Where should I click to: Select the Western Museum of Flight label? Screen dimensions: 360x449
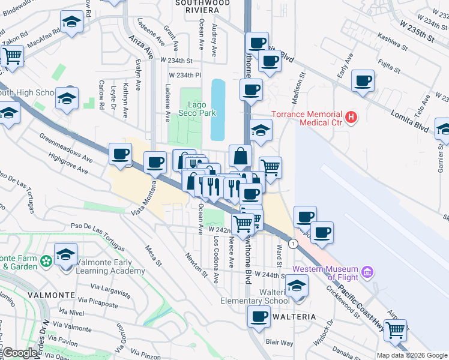click(325, 273)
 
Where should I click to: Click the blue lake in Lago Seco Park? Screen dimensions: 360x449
click(218, 109)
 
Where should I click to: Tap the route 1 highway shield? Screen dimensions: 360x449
click(293, 244)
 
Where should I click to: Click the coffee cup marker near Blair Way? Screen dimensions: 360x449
click(259, 316)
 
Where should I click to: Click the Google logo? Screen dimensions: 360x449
click(20, 353)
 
